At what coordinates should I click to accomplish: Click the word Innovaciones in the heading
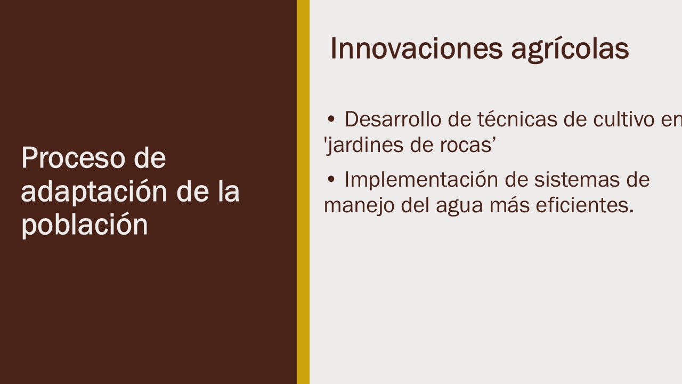pyautogui.click(x=416, y=49)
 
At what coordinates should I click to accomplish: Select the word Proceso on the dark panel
pyautogui.click(x=73, y=157)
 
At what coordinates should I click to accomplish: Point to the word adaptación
pyautogui.click(x=94, y=192)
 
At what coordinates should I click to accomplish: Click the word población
pyautogui.click(x=85, y=225)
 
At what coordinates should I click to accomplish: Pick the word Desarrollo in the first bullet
pyautogui.click(x=393, y=119)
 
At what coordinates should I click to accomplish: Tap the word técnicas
pyautogui.click(x=517, y=119)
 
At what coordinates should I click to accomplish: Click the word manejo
pyautogui.click(x=359, y=206)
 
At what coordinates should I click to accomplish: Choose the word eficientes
pyautogui.click(x=584, y=205)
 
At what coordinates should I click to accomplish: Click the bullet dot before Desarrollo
pyautogui.click(x=331, y=120)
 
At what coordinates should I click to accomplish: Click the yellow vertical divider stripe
pyautogui.click(x=303, y=192)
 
